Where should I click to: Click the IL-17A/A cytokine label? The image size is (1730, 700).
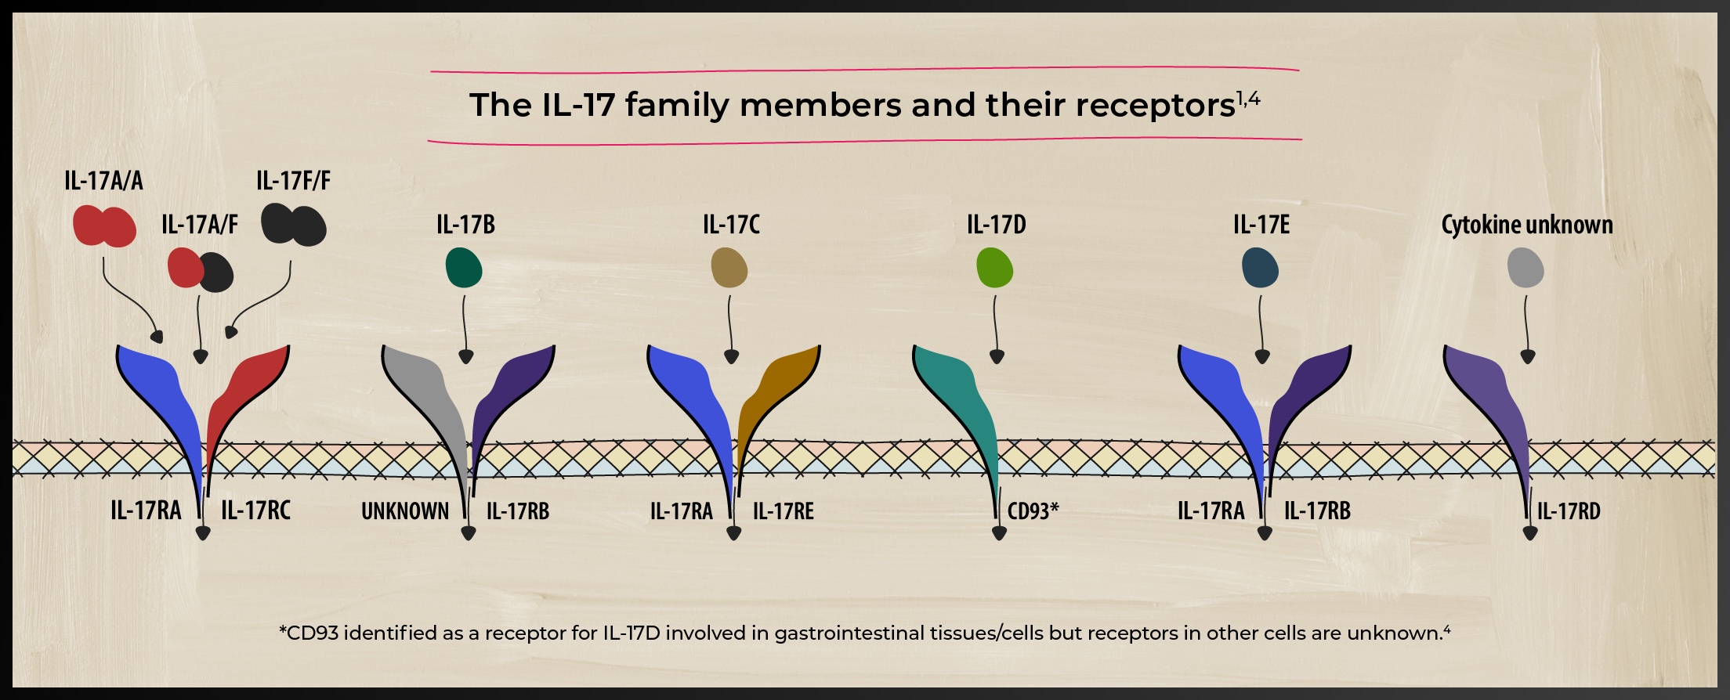tap(103, 181)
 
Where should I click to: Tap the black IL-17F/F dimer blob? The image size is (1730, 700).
tap(294, 225)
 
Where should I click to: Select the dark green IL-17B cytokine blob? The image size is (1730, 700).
tap(464, 267)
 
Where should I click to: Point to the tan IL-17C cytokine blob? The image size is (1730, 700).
tap(729, 267)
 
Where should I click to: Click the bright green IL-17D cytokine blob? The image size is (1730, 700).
tap(995, 267)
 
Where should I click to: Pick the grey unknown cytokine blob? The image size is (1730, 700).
tap(1526, 267)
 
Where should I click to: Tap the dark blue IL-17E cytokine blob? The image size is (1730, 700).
tap(1261, 267)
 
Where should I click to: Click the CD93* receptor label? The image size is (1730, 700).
tap(1033, 511)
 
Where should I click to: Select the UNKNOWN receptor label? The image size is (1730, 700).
tap(405, 511)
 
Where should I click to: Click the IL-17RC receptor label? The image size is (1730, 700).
tap(255, 511)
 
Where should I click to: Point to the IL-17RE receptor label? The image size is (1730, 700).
tap(784, 511)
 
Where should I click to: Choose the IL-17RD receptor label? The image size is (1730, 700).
tap(1569, 511)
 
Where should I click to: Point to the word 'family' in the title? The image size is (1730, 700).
tap(677, 105)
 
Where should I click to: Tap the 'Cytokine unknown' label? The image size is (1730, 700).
tap(1527, 226)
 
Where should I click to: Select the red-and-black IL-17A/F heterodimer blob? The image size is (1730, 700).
tap(201, 270)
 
